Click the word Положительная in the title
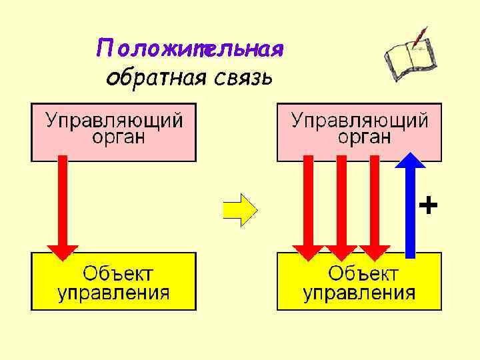(191, 49)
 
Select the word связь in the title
(244, 78)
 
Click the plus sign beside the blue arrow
(428, 205)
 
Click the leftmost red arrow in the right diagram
(307, 207)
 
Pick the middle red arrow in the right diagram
(341, 207)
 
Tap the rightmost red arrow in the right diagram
(375, 207)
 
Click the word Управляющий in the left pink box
(113, 121)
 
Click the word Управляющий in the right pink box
(360, 121)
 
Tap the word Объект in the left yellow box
(117, 273)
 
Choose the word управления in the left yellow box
(113, 292)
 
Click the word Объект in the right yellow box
(363, 273)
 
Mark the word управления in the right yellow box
(359, 292)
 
